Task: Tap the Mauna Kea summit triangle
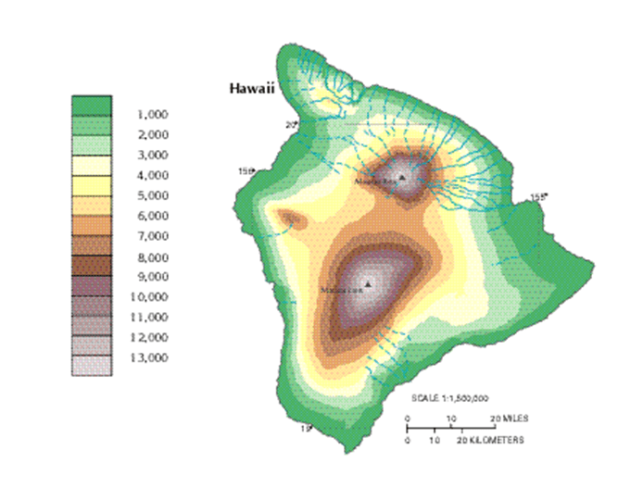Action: [x=402, y=175]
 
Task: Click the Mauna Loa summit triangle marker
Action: [x=368, y=283]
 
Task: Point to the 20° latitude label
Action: [x=290, y=124]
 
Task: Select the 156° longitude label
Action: [x=246, y=171]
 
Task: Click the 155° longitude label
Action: [x=538, y=196]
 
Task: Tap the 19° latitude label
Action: [x=305, y=428]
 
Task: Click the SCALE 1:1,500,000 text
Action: [x=450, y=397]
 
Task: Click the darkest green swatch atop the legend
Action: [x=92, y=104]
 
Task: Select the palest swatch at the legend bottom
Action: [x=92, y=366]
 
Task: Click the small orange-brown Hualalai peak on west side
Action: [x=291, y=219]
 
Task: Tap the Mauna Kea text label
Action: [x=377, y=182]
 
